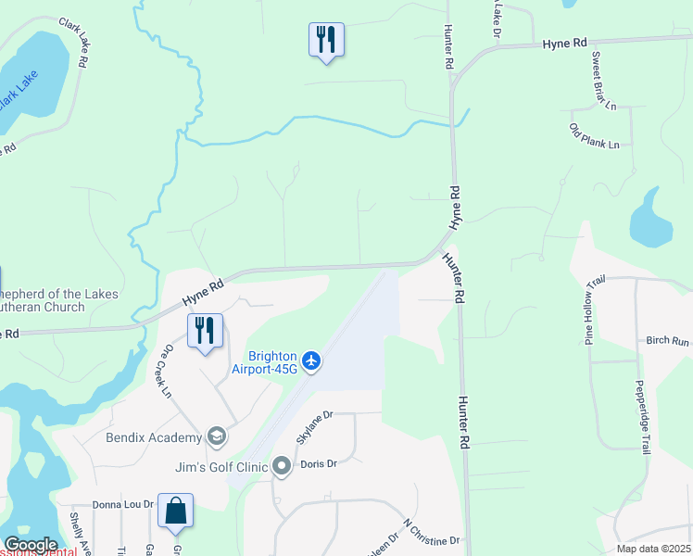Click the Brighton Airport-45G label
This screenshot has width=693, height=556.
(272, 362)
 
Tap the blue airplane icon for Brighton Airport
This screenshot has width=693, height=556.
(311, 360)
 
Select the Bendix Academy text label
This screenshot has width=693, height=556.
(154, 437)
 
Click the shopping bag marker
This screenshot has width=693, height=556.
(175, 511)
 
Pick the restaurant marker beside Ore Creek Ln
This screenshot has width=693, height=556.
(205, 331)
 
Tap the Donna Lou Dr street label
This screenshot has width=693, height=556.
(121, 505)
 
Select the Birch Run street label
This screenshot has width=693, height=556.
(668, 341)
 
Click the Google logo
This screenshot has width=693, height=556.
(31, 545)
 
